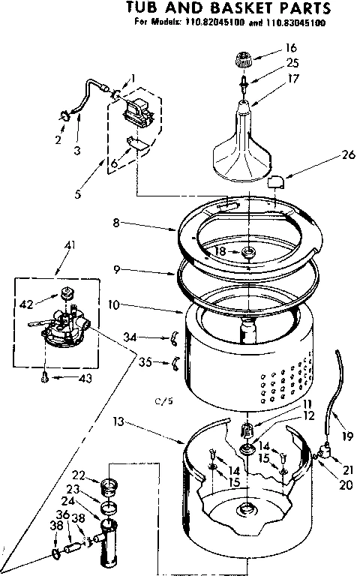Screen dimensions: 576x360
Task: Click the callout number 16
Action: [x=292, y=46]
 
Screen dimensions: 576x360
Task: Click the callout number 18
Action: [x=220, y=252]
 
